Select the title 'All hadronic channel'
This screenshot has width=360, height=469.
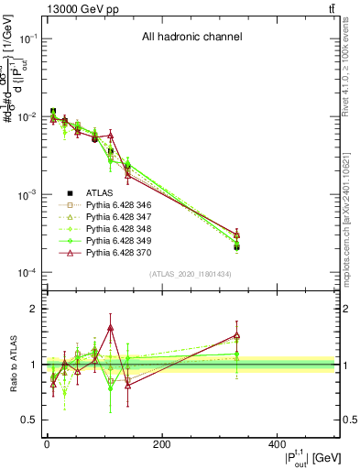tap(191, 38)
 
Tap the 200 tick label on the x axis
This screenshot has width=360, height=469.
tap(161, 444)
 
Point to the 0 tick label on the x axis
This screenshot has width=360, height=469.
tap(47, 444)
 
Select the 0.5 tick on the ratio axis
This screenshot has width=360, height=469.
tap(30, 420)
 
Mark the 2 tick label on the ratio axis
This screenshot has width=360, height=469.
tap(34, 309)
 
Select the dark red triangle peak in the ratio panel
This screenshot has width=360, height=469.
tap(110, 327)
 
